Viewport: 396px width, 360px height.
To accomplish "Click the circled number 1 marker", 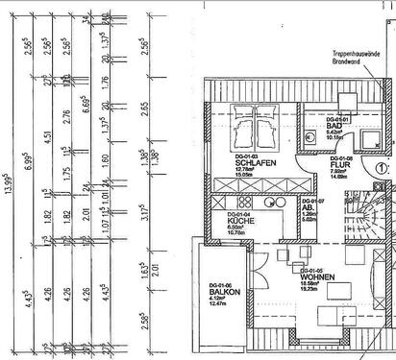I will (382, 165).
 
